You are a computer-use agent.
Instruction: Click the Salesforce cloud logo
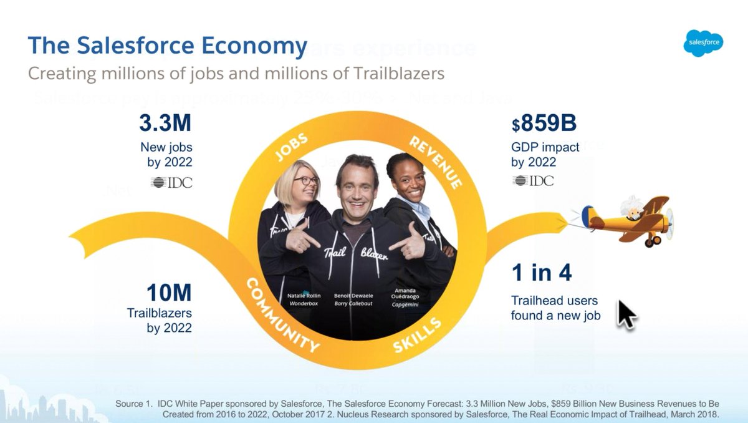(703, 43)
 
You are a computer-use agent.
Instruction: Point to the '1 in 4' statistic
(541, 273)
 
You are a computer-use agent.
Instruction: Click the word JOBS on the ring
(291, 148)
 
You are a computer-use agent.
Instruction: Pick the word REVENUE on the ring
(436, 162)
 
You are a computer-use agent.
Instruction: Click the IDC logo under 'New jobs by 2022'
(171, 182)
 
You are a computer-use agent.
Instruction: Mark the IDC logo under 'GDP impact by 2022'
(532, 181)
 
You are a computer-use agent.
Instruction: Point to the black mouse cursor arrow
(626, 313)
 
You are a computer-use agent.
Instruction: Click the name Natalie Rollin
(304, 295)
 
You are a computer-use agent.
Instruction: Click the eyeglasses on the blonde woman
(305, 181)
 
